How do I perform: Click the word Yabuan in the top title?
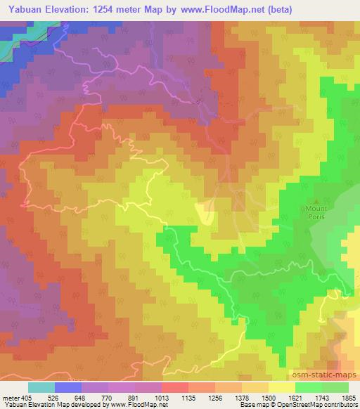23,9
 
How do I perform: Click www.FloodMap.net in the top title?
211,9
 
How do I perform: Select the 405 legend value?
27,397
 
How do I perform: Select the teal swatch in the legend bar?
41,387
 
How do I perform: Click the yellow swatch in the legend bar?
281,387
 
